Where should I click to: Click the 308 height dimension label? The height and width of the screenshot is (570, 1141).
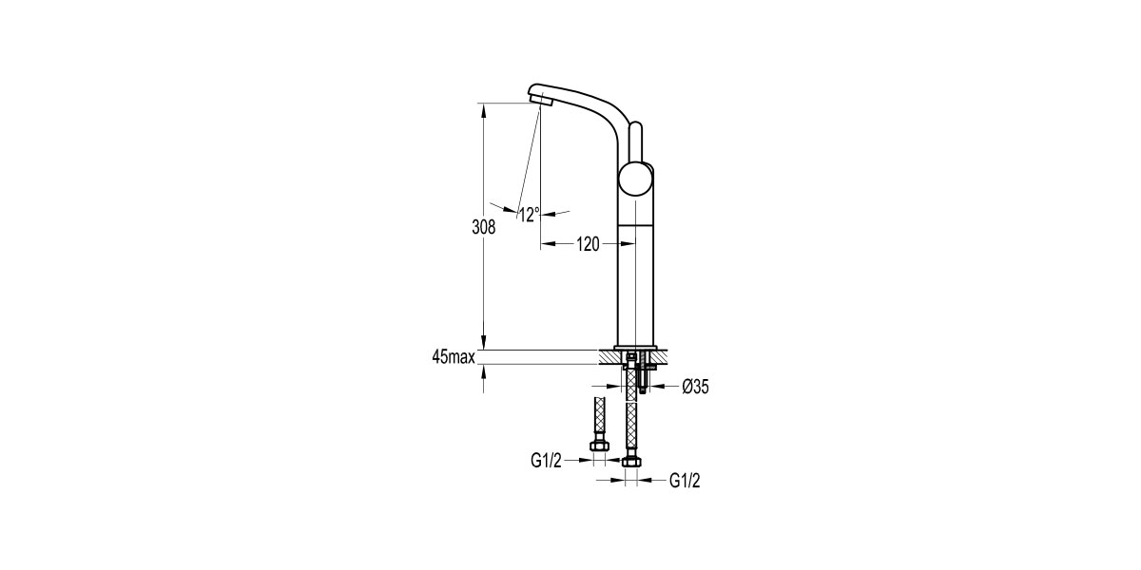pos(483,228)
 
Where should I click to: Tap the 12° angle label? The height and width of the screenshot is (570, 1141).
pos(530,214)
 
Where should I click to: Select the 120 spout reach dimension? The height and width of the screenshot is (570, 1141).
pos(587,244)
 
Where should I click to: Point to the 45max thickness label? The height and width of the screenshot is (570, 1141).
pos(453,357)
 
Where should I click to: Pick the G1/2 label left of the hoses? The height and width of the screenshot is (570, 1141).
pos(547,461)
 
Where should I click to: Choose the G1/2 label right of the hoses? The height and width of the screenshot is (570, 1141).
pos(685,482)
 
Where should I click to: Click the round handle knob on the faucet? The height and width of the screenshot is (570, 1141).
pos(635,180)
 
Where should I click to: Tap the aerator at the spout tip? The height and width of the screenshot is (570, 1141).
pos(538,97)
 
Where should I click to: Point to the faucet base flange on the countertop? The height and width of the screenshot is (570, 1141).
pos(635,346)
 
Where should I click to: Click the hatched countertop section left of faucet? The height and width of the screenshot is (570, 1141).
pos(609,357)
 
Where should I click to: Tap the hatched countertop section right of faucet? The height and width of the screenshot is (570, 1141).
pos(664,357)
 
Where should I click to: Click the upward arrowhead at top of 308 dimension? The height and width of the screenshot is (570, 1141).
pos(484,109)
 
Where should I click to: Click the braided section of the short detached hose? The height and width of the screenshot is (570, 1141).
pos(599,418)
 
